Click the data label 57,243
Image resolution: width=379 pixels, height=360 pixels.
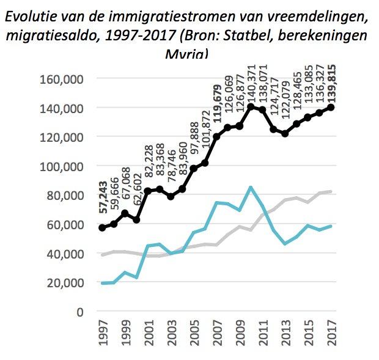coord(102,199)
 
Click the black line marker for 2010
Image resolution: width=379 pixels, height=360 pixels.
coord(251,107)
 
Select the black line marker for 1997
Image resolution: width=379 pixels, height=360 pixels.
coord(102,227)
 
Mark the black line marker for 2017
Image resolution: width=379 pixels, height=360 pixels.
coord(331,108)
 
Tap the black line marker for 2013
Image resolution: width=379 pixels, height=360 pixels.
coord(285,133)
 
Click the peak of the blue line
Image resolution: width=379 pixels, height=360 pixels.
coord(251,187)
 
